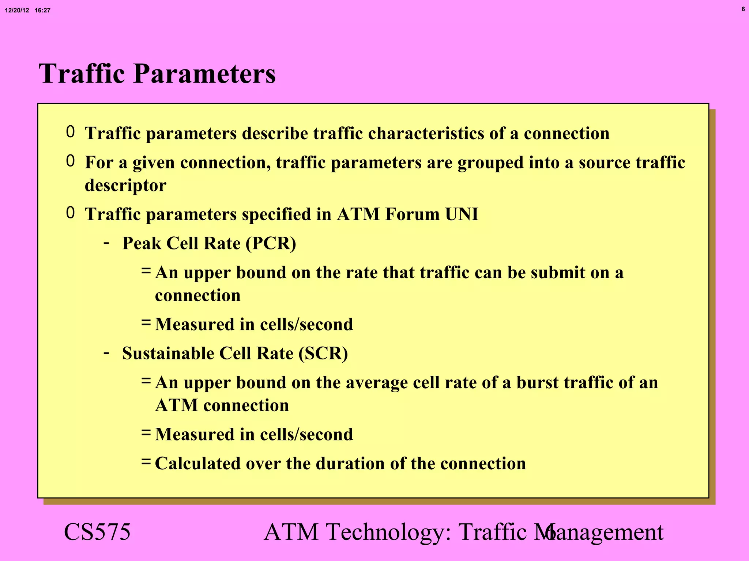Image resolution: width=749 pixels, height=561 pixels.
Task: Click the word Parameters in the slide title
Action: coord(204,74)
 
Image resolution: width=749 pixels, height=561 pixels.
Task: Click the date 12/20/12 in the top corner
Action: coord(17,11)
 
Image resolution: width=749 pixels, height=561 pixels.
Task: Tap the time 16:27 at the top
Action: coord(42,11)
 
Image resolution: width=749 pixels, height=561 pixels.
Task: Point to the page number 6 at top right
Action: coord(743,9)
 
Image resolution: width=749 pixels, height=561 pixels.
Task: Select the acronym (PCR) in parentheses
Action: coord(271,244)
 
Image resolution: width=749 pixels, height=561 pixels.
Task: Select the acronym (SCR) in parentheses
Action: coord(323,354)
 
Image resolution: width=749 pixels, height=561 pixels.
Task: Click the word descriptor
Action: coord(125,186)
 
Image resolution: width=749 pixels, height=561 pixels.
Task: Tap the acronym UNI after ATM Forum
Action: coord(462,214)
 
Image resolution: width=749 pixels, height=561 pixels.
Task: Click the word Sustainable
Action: coord(168,354)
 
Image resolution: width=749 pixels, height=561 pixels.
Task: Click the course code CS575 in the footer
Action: coord(97,532)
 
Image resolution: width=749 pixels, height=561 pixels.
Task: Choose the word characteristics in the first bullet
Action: coord(426,133)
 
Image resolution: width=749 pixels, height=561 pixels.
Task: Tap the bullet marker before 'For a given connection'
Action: coord(70,161)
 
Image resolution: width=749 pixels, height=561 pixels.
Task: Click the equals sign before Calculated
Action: coord(146,462)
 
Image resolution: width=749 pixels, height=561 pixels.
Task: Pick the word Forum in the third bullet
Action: coord(412,214)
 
